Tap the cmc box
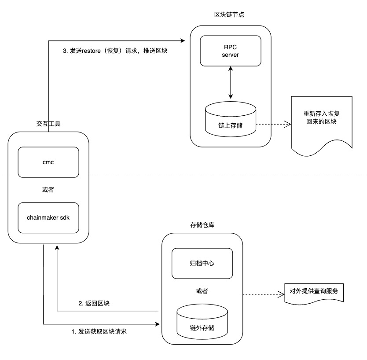pyautogui.click(x=48, y=162)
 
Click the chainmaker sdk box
pyautogui.click(x=48, y=217)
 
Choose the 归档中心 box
pyautogui.click(x=202, y=263)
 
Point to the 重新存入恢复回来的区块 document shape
pyautogui.click(x=321, y=121)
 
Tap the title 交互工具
pyautogui.click(x=48, y=124)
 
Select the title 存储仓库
pyautogui.click(x=202, y=225)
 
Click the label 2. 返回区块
pyautogui.click(x=94, y=304)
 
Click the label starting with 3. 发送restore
pyautogui.click(x=116, y=51)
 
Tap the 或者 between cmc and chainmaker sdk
pyautogui.click(x=48, y=190)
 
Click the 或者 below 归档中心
pyautogui.click(x=202, y=291)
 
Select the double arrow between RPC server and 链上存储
pyautogui.click(x=230, y=83)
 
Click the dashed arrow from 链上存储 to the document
pyautogui.click(x=273, y=125)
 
